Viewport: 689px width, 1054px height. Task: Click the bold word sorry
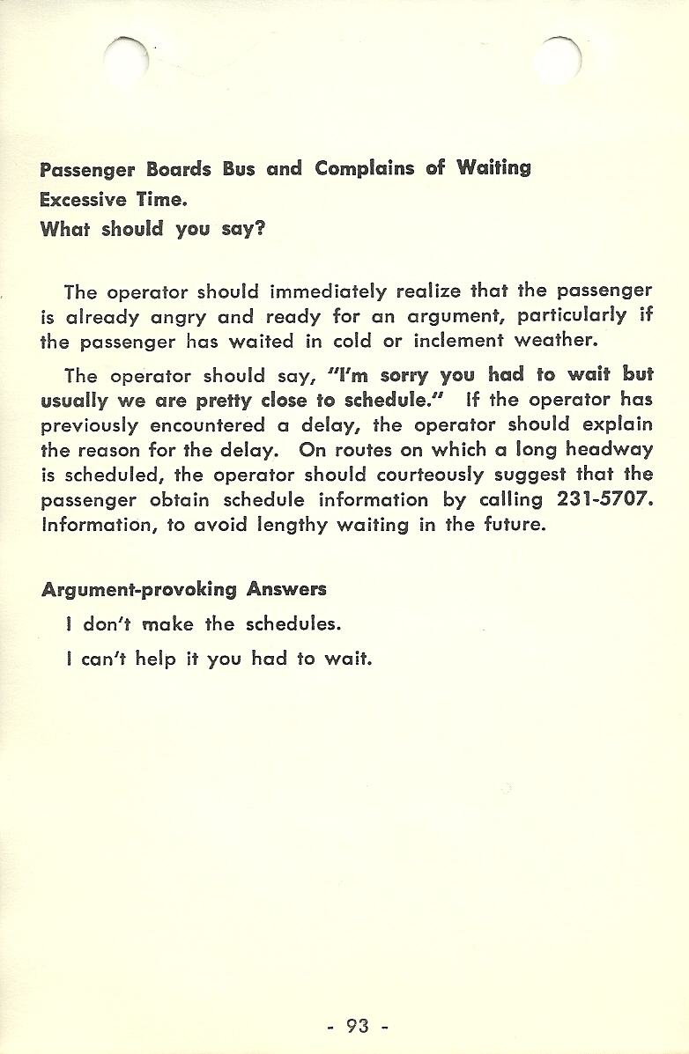(404, 374)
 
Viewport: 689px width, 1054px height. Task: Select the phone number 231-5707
(605, 499)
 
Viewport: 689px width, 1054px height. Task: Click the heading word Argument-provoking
(139, 589)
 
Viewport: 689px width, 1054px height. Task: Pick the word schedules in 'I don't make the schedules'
(293, 624)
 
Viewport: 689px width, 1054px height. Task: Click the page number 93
(357, 1025)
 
